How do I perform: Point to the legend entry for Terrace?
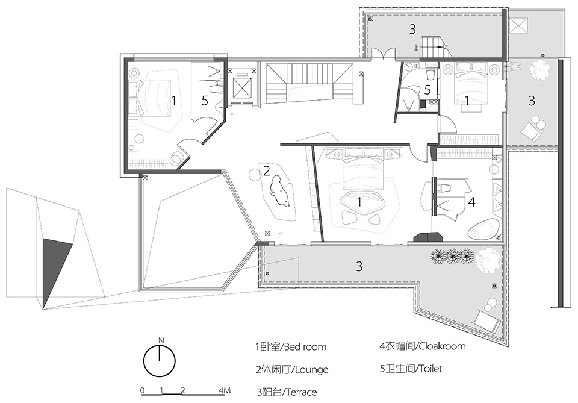(x=286, y=392)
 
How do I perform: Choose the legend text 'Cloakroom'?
(x=422, y=346)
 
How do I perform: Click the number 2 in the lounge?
(x=266, y=171)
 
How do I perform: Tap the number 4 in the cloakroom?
(x=471, y=202)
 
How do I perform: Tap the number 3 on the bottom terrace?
(x=359, y=266)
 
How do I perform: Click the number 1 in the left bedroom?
(x=173, y=101)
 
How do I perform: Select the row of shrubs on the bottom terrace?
(x=452, y=257)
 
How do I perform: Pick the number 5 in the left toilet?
(x=205, y=101)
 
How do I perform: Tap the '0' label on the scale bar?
(x=143, y=391)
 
